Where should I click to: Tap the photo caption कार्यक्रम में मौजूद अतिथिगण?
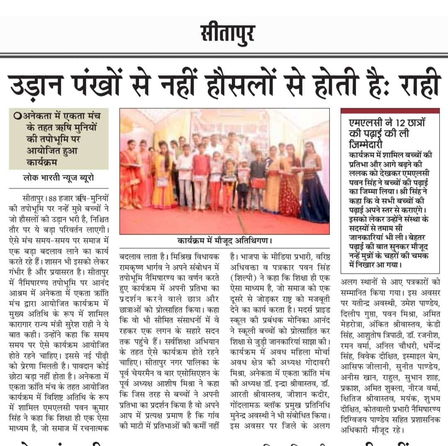[x=224, y=241]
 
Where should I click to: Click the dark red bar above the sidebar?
[x=390, y=111]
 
